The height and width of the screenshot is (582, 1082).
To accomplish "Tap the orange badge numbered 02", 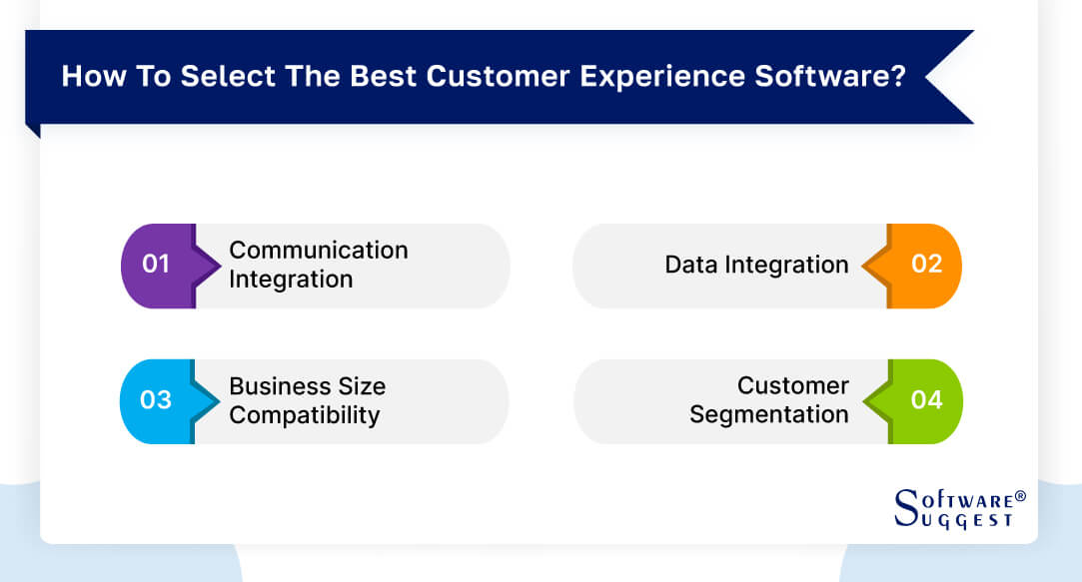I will [926, 265].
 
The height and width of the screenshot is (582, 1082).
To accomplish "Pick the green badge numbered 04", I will [926, 400].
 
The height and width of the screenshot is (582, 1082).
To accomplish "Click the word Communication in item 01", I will [319, 250].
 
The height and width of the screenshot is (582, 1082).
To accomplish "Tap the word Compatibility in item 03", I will [305, 415].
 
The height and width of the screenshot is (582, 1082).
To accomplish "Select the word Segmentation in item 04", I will [768, 414].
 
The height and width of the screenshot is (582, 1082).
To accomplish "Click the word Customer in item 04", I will [793, 385].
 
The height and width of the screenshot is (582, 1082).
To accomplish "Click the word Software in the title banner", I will [839, 77].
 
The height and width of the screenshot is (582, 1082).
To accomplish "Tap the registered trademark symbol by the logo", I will [1020, 496].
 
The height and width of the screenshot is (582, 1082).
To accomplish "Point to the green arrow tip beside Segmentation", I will [871, 400].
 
